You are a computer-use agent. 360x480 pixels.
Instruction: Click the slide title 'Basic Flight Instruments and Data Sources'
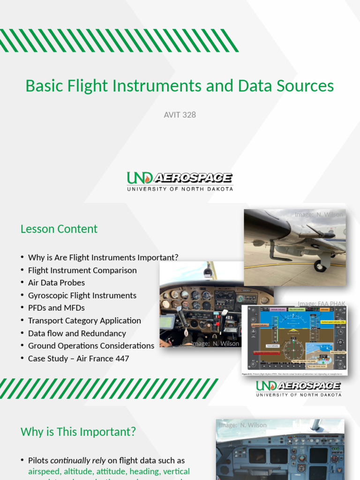coord(180,86)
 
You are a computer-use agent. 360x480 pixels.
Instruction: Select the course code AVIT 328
coord(180,114)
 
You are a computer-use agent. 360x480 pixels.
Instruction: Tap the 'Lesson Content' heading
coord(59,229)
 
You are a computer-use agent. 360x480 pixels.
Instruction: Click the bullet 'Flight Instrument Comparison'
coord(82,270)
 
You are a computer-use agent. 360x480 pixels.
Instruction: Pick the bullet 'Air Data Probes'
coord(56,283)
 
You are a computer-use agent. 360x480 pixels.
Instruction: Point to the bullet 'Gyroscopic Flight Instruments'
coord(82,295)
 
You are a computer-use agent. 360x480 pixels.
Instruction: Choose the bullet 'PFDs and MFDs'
coord(56,308)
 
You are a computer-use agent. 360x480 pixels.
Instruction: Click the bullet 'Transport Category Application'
coord(84,321)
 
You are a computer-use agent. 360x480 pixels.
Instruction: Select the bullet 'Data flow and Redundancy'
coord(77,333)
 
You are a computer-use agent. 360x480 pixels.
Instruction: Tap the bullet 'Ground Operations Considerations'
coord(91,346)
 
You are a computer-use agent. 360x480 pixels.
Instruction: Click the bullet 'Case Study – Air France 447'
coord(78,359)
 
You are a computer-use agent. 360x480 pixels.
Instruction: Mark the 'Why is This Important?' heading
coord(78,432)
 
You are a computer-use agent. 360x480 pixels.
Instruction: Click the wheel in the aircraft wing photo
coord(320,266)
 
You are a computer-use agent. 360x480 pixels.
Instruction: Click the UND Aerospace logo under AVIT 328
coord(180,181)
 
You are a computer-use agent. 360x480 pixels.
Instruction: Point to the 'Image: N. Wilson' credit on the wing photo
coord(319,215)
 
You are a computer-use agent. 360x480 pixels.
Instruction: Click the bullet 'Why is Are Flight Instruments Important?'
coord(103,257)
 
